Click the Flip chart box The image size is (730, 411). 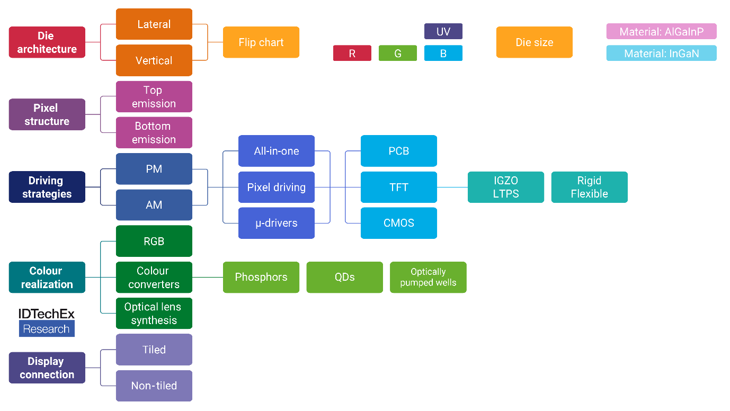261,42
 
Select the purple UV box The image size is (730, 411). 443,31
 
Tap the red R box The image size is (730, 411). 352,53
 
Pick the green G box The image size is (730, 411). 398,53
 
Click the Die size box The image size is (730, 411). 535,42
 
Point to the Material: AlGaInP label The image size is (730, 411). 662,32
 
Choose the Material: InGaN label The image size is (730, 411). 662,53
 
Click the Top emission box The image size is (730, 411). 154,97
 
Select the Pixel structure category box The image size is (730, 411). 47,114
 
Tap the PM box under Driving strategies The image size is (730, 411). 154,169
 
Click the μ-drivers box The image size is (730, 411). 277,223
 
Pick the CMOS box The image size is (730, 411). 399,223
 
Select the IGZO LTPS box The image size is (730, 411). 506,187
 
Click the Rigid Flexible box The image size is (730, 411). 590,187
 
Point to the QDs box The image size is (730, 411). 345,277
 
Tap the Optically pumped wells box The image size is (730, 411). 429,277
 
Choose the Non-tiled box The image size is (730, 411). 154,386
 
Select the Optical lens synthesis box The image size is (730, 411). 154,314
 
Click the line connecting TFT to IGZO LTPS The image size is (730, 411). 452,187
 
